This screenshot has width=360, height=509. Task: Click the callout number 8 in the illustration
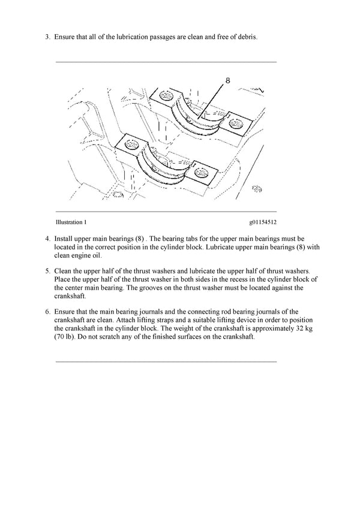click(x=228, y=80)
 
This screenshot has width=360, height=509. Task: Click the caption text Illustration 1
click(x=71, y=222)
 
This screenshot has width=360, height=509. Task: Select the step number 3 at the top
click(x=47, y=37)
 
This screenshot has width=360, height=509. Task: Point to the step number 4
click(x=47, y=238)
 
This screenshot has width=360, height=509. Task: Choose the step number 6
click(x=47, y=312)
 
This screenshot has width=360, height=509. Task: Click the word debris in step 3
click(x=246, y=37)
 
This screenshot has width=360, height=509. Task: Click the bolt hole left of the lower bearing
click(x=128, y=143)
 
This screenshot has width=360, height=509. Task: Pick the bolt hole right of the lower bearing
click(x=202, y=172)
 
